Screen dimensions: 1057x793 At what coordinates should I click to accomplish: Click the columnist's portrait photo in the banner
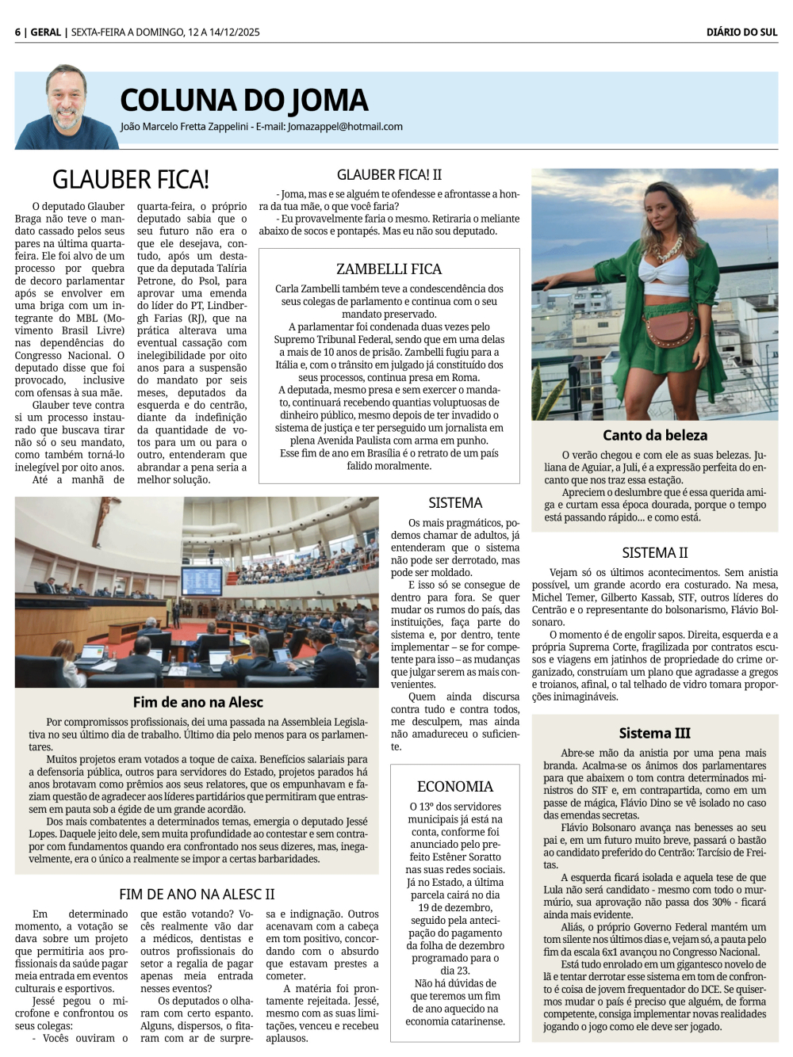tap(67, 108)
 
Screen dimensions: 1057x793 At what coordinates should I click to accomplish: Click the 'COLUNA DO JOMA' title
tap(244, 101)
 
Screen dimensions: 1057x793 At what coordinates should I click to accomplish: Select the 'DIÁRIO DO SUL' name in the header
tap(741, 32)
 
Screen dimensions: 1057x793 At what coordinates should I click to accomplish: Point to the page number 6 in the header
tap(17, 32)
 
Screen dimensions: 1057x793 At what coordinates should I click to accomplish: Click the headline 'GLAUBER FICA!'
tap(131, 179)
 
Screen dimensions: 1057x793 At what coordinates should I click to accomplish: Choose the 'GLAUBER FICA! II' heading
tap(389, 175)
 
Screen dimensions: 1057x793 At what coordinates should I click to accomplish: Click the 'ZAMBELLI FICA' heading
tap(389, 269)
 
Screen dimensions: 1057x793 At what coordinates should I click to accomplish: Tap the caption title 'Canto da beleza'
tap(655, 435)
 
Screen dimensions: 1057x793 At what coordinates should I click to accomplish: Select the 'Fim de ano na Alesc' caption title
tap(197, 702)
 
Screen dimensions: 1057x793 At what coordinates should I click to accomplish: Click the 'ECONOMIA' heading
tap(455, 787)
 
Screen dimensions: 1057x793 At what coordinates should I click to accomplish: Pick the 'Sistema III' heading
tap(655, 734)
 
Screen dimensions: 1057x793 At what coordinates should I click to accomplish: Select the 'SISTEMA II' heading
tap(655, 553)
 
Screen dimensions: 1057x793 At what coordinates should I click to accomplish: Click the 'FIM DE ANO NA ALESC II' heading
tap(197, 895)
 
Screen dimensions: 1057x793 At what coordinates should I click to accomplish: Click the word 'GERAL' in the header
tap(46, 32)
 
